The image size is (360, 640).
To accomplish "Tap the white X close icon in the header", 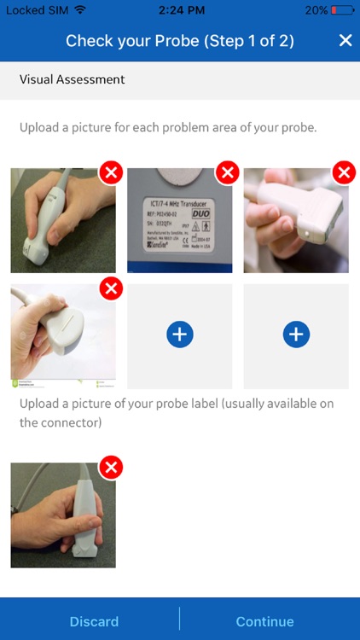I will point(345,41).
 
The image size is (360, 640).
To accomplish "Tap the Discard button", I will point(94,621).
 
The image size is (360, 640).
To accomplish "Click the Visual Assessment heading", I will point(73,79).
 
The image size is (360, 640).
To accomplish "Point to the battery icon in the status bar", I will point(342,9).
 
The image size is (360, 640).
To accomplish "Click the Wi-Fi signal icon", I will point(80,9).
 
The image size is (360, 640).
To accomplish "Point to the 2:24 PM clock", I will point(180,9).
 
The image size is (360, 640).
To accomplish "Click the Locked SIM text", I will point(36,9).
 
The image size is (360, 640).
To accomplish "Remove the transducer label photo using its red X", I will point(227,173).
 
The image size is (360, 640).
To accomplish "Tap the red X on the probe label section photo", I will point(111,467).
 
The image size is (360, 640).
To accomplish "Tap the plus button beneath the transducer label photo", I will point(179,335).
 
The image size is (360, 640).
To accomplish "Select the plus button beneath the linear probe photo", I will point(296,335).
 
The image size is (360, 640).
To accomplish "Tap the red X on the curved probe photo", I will point(111,289).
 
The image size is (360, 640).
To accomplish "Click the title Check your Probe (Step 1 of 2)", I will point(180,41).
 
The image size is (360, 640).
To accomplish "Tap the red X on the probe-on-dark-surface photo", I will point(111,173).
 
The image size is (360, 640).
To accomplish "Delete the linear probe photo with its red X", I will point(344,173).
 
